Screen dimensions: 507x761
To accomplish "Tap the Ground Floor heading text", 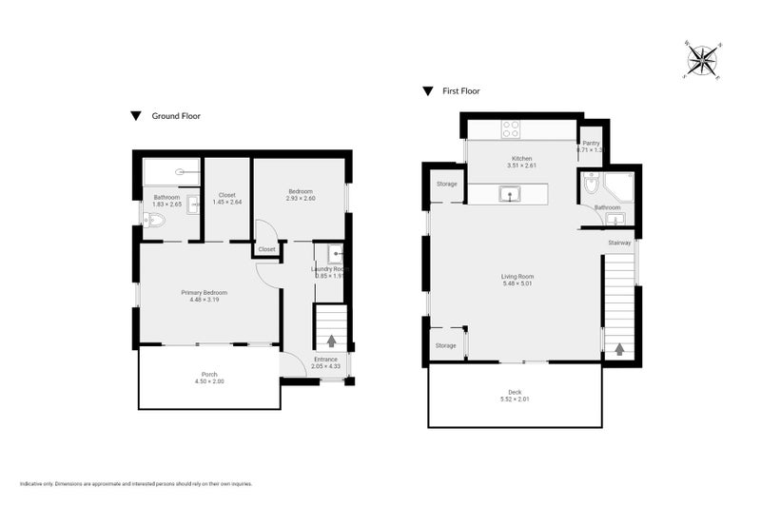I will click(176, 116).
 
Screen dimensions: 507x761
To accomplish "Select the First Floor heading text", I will click(461, 91).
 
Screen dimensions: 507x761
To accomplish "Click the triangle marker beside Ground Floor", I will click(136, 116).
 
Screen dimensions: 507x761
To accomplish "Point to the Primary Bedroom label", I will click(205, 292).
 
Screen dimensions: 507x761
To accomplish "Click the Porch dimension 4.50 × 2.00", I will click(209, 381).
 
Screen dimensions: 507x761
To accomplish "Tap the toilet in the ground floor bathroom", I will click(155, 221).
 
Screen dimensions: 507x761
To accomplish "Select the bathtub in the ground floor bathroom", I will click(171, 173).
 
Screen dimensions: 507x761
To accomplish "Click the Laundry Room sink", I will click(335, 254).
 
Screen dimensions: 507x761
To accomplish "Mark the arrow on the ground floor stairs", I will click(331, 340).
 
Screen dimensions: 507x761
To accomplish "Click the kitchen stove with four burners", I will click(511, 130).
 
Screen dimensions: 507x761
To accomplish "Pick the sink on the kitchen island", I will click(511, 195).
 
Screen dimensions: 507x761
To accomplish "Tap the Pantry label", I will click(591, 143).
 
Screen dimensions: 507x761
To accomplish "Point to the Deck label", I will click(515, 391).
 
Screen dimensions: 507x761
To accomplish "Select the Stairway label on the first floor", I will click(619, 243).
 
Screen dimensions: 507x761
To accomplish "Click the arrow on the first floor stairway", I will click(619, 348).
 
